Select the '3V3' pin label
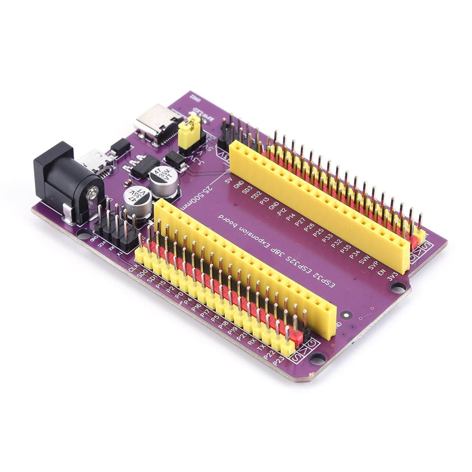(392, 276)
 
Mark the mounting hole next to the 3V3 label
(398, 286)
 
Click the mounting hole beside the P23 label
(317, 358)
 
